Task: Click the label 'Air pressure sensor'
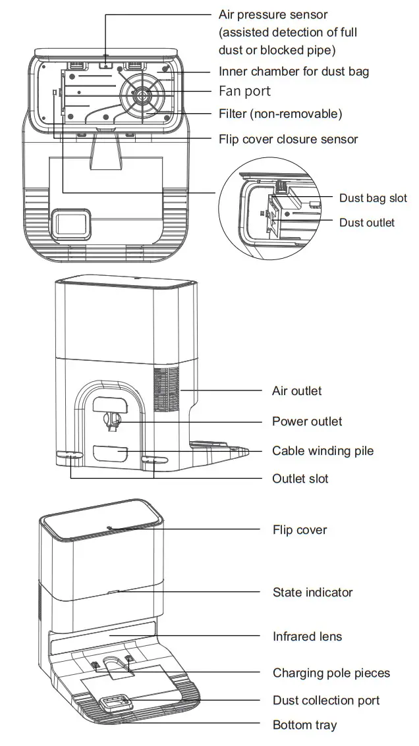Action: (273, 14)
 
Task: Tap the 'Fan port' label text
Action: (244, 91)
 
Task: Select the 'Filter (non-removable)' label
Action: (280, 114)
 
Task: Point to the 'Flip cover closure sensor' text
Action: (288, 139)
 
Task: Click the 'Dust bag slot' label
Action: (373, 198)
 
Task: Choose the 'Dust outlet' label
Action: (367, 223)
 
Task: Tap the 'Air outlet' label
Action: (296, 391)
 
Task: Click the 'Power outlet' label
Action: (307, 421)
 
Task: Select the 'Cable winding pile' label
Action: (322, 451)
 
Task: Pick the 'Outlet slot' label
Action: (300, 479)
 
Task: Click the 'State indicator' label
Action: (312, 593)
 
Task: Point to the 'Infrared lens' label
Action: (307, 637)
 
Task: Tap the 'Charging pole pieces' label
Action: (331, 673)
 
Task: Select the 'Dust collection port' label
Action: (326, 700)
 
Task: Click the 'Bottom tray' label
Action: (304, 726)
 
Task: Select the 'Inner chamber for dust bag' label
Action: (294, 71)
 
